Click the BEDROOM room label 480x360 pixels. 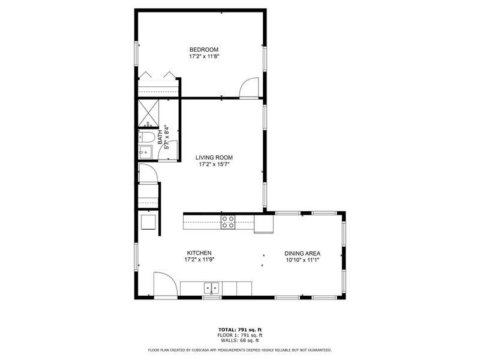point(203,49)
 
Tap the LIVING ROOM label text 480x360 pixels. point(214,158)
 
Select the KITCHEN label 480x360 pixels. point(199,253)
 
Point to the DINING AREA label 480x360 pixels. point(302,253)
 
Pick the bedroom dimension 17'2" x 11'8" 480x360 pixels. point(203,56)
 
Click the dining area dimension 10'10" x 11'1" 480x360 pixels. point(302,260)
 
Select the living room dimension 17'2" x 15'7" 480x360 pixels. point(214,164)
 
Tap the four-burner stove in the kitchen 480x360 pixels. point(228,222)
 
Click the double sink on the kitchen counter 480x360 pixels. point(211,288)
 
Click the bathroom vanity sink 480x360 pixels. point(145,153)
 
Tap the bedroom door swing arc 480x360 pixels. point(248,88)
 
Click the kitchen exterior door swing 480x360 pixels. point(164,284)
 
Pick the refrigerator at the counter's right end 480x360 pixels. point(263,224)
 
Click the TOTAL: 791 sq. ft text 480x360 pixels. point(239,330)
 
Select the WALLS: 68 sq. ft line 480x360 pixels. point(239,340)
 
